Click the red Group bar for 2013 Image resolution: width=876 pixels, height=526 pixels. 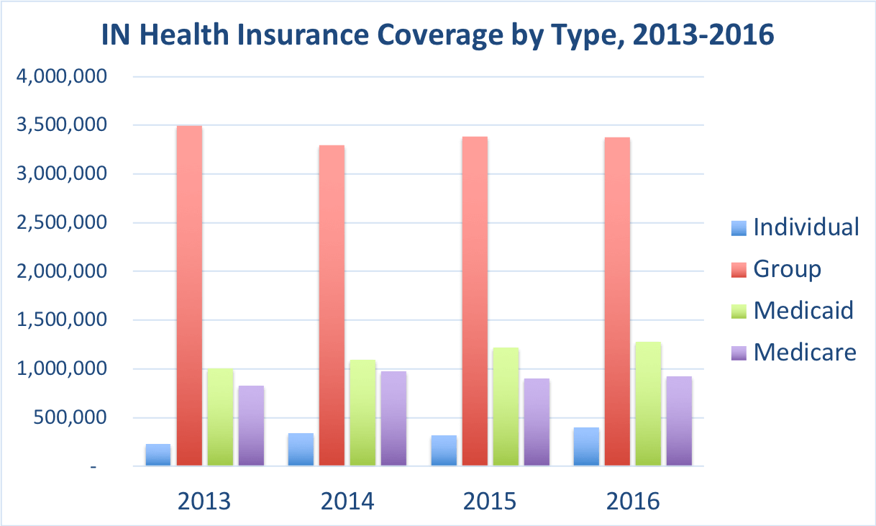[x=189, y=296]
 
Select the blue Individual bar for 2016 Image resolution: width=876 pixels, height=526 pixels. [x=586, y=447]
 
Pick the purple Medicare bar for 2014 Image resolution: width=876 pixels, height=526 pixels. [x=393, y=418]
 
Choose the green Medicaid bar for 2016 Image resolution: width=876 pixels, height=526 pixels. [x=648, y=404]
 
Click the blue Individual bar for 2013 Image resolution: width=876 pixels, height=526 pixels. [x=158, y=455]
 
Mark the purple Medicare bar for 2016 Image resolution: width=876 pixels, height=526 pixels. [x=679, y=421]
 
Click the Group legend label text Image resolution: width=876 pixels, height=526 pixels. [x=787, y=269]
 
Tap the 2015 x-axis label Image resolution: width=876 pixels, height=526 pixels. [x=490, y=501]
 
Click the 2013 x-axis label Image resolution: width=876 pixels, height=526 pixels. [x=204, y=501]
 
